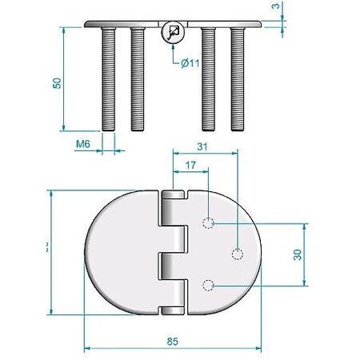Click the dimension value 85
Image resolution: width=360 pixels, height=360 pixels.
tap(172, 340)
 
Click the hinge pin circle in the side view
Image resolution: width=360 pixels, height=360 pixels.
tap(172, 33)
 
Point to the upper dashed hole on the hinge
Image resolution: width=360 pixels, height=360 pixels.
tap(208, 222)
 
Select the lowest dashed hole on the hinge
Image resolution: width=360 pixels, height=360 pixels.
tap(208, 285)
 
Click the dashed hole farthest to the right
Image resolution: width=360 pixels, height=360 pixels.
tap(237, 254)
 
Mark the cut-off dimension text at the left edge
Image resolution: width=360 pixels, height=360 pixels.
tap(46, 249)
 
